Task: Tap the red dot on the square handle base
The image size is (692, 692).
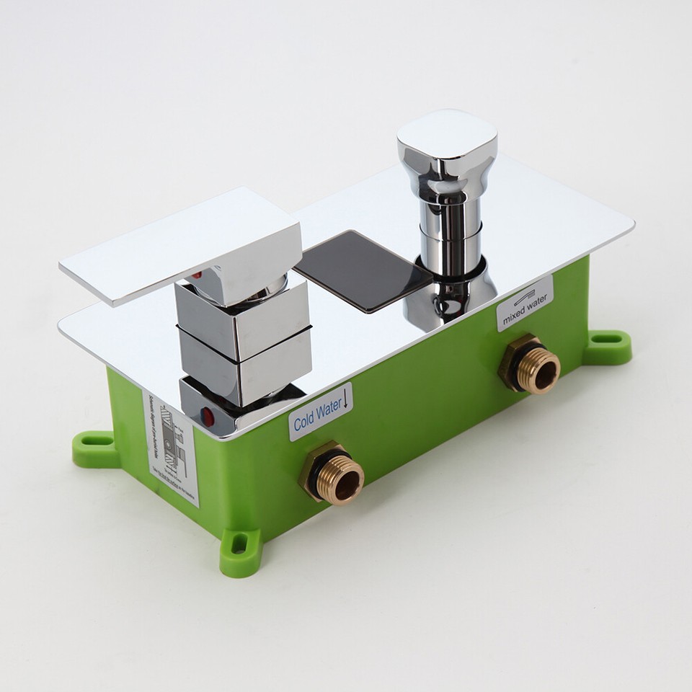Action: tap(208, 416)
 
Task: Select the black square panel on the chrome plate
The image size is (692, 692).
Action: tap(363, 270)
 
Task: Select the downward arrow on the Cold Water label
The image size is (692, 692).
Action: tap(347, 397)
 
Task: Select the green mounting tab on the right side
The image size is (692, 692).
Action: tap(607, 347)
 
